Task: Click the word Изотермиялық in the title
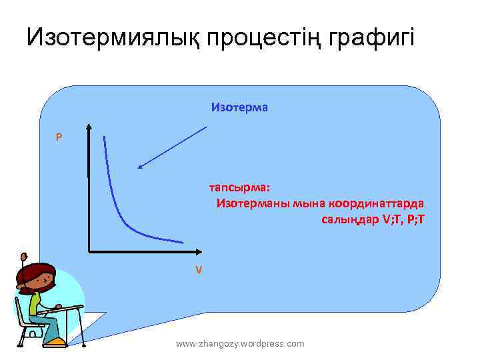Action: pyautogui.click(x=113, y=37)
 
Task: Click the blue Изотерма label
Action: pyautogui.click(x=239, y=107)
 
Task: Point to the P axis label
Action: pyautogui.click(x=59, y=137)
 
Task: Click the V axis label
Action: pyautogui.click(x=198, y=270)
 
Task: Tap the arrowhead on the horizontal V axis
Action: pyautogui.click(x=198, y=252)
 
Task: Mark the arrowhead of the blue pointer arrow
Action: pyautogui.click(x=139, y=167)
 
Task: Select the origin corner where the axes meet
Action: pyautogui.click(x=89, y=252)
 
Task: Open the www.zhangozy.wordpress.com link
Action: pyautogui.click(x=240, y=343)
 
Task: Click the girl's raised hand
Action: pyautogui.click(x=24, y=257)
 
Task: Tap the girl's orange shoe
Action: pyautogui.click(x=56, y=342)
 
